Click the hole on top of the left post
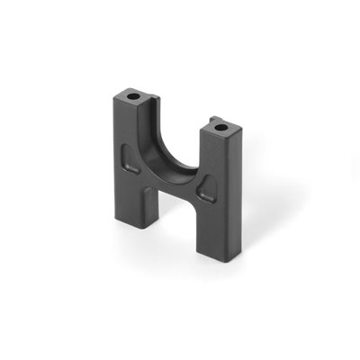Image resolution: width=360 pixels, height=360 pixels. (x=132, y=94)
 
